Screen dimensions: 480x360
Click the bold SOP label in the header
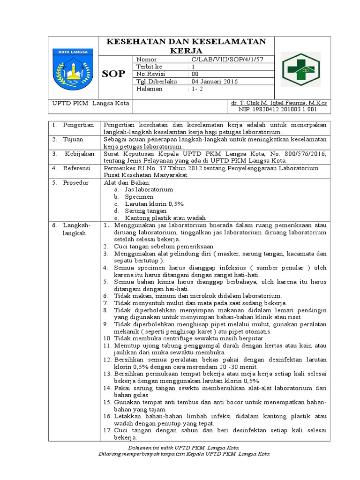tap(113, 74)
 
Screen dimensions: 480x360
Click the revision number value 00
tap(193, 74)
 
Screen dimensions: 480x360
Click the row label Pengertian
tap(78, 125)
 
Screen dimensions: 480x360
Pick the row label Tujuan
tap(74, 139)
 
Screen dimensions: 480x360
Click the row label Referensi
tap(77, 167)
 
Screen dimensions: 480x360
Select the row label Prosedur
tap(77, 182)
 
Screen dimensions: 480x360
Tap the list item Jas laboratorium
tap(149, 189)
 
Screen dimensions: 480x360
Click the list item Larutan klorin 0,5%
tap(154, 204)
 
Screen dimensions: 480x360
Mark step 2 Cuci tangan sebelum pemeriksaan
tap(164, 246)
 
